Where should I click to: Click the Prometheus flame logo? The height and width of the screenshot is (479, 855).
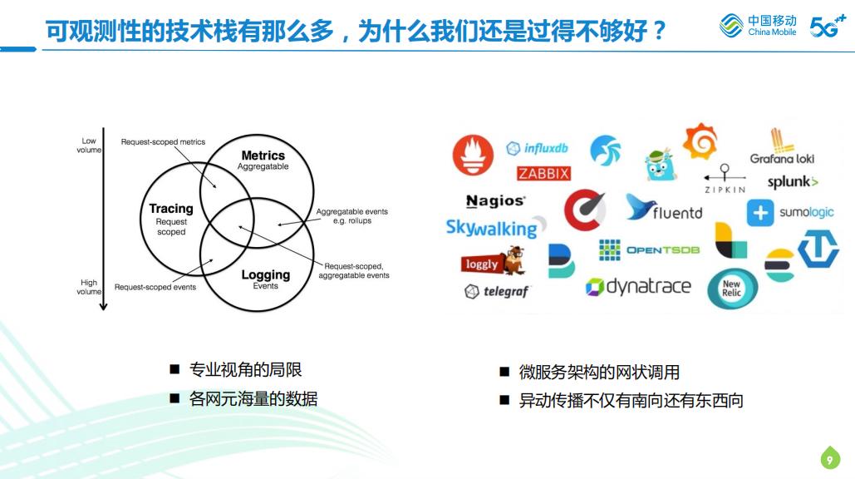[473, 156]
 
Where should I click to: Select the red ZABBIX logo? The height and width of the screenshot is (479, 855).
[543, 174]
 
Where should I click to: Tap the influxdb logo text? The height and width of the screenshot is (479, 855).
[538, 149]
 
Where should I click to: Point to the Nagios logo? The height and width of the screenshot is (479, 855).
[495, 201]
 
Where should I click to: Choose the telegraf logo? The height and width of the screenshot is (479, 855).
[496, 292]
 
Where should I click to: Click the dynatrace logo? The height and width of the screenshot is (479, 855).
[638, 287]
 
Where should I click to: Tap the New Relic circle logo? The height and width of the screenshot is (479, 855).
[731, 289]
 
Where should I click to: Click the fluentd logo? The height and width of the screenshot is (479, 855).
[665, 210]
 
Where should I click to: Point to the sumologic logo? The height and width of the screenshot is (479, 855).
[790, 213]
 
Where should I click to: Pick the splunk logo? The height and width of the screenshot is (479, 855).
[792, 182]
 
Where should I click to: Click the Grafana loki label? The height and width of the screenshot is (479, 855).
[782, 158]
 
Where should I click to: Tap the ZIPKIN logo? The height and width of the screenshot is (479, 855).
[724, 180]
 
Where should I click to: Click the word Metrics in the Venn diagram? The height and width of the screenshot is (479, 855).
[263, 156]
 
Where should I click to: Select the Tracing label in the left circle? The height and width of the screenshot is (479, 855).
[171, 209]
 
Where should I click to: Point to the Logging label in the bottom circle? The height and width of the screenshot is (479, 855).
[265, 275]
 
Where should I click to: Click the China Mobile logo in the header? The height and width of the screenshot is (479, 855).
[758, 26]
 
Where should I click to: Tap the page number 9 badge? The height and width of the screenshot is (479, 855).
[829, 458]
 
